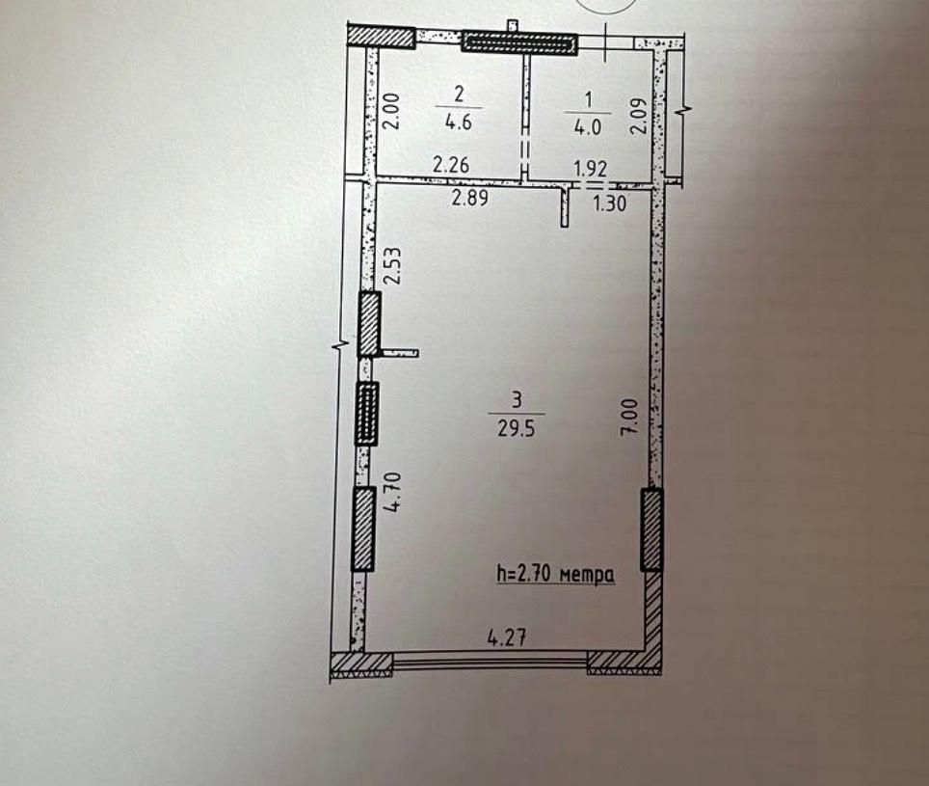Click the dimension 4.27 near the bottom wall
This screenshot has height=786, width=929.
click(507, 637)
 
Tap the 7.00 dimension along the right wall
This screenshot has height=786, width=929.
click(629, 418)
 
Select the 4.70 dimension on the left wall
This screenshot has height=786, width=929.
click(394, 492)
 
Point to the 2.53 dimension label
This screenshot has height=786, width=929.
click(394, 266)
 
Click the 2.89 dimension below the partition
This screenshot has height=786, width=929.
click(470, 198)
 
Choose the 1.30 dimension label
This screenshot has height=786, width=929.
click(610, 203)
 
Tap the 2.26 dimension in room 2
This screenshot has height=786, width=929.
click(451, 164)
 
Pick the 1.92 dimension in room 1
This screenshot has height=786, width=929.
click(591, 169)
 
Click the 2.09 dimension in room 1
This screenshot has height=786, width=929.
click(638, 115)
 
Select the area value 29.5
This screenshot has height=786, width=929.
click(516, 428)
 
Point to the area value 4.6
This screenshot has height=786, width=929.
click(459, 122)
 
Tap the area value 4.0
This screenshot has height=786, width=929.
click(587, 127)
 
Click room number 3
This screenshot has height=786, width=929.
click(517, 400)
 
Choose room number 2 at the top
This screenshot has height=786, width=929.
click(459, 94)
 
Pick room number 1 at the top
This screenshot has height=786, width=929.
click(588, 99)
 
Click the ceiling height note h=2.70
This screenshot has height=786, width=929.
click(525, 574)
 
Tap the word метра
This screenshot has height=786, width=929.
click(587, 575)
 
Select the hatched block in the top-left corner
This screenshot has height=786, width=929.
click(380, 37)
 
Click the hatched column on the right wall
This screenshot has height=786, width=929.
click(651, 529)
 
